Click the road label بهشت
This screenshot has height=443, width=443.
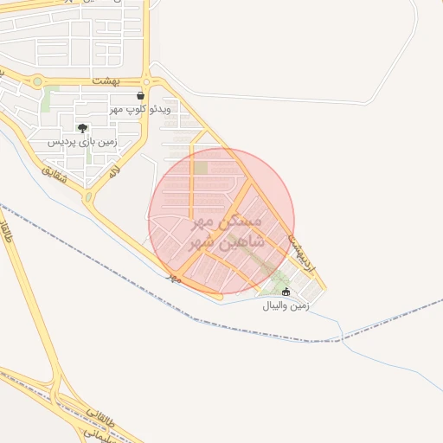(105, 80)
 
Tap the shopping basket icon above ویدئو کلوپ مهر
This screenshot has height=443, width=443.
(140, 96)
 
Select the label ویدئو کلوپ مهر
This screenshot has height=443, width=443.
(141, 109)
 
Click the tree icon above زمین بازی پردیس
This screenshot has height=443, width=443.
(82, 128)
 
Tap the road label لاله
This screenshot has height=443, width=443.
(112, 172)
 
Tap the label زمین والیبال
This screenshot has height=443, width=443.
(286, 305)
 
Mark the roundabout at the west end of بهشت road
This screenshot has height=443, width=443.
(37, 82)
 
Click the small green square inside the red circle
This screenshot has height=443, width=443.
(201, 168)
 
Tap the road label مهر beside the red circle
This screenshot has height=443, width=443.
(174, 277)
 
